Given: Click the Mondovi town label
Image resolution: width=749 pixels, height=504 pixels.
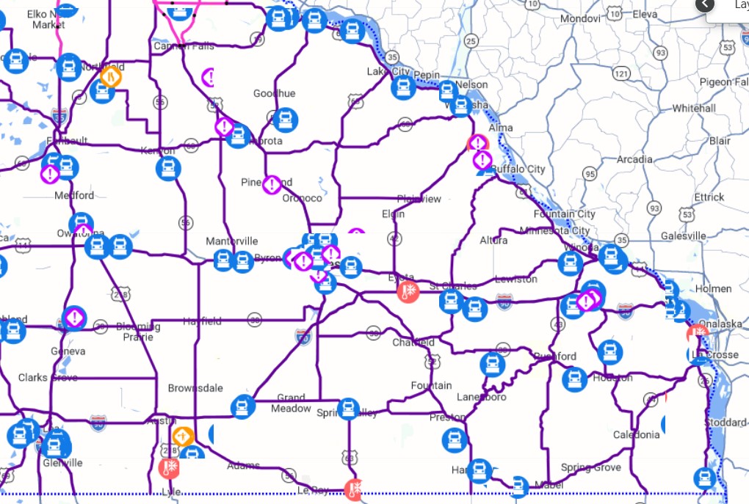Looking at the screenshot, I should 580,18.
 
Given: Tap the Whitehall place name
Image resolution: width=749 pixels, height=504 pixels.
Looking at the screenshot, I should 694,108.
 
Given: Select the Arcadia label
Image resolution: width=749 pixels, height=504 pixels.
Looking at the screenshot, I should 634,159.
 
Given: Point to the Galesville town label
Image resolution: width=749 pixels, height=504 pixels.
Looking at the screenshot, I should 683,235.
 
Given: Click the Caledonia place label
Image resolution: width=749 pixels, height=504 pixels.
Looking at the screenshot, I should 636,434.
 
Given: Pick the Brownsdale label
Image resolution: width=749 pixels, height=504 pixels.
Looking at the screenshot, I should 195,388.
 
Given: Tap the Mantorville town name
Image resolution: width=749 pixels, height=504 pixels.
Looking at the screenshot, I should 232,241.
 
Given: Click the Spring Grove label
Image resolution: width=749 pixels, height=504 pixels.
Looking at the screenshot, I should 590,467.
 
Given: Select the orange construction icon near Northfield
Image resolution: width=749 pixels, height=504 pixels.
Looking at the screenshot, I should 110,76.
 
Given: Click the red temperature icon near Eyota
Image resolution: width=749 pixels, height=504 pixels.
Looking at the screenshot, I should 408,292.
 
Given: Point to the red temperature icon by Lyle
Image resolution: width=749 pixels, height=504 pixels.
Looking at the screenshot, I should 170,467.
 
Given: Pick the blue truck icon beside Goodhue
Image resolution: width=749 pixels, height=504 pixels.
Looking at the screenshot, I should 285,120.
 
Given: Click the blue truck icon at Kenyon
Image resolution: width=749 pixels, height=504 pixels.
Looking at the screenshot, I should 168,168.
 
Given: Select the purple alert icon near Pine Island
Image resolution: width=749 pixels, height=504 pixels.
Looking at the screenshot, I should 272,184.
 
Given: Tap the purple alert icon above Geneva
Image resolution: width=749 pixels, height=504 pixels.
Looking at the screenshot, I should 74,318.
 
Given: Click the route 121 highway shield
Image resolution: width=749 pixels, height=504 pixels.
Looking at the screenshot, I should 622,74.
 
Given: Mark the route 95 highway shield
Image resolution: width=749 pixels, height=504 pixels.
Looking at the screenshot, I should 590,174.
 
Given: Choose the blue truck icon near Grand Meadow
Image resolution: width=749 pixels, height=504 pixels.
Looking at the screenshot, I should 242,406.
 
